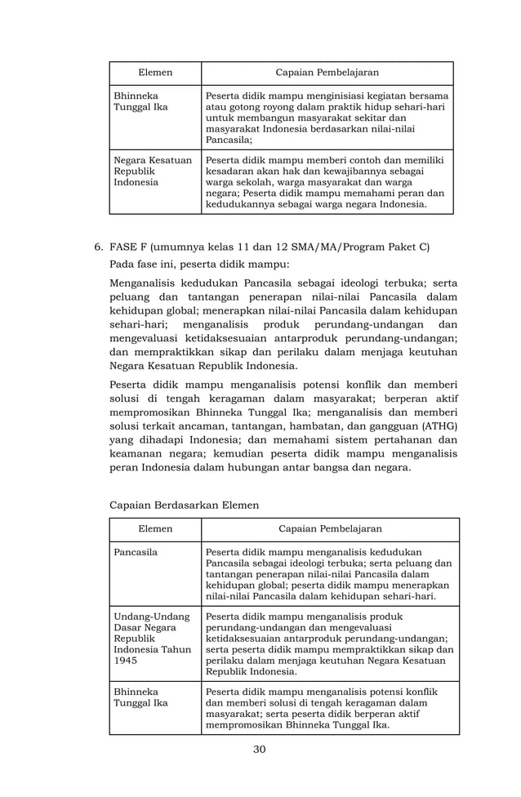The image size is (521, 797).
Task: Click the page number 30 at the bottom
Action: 260,750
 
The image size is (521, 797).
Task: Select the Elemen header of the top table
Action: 155,73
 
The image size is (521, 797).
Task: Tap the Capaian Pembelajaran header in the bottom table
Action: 330,529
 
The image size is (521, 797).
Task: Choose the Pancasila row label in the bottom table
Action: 136,552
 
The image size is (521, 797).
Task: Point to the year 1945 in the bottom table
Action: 127,660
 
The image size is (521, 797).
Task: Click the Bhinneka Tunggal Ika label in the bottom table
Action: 136,697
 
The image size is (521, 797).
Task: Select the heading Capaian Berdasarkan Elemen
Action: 184,505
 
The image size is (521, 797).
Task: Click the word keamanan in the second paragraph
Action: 136,454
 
